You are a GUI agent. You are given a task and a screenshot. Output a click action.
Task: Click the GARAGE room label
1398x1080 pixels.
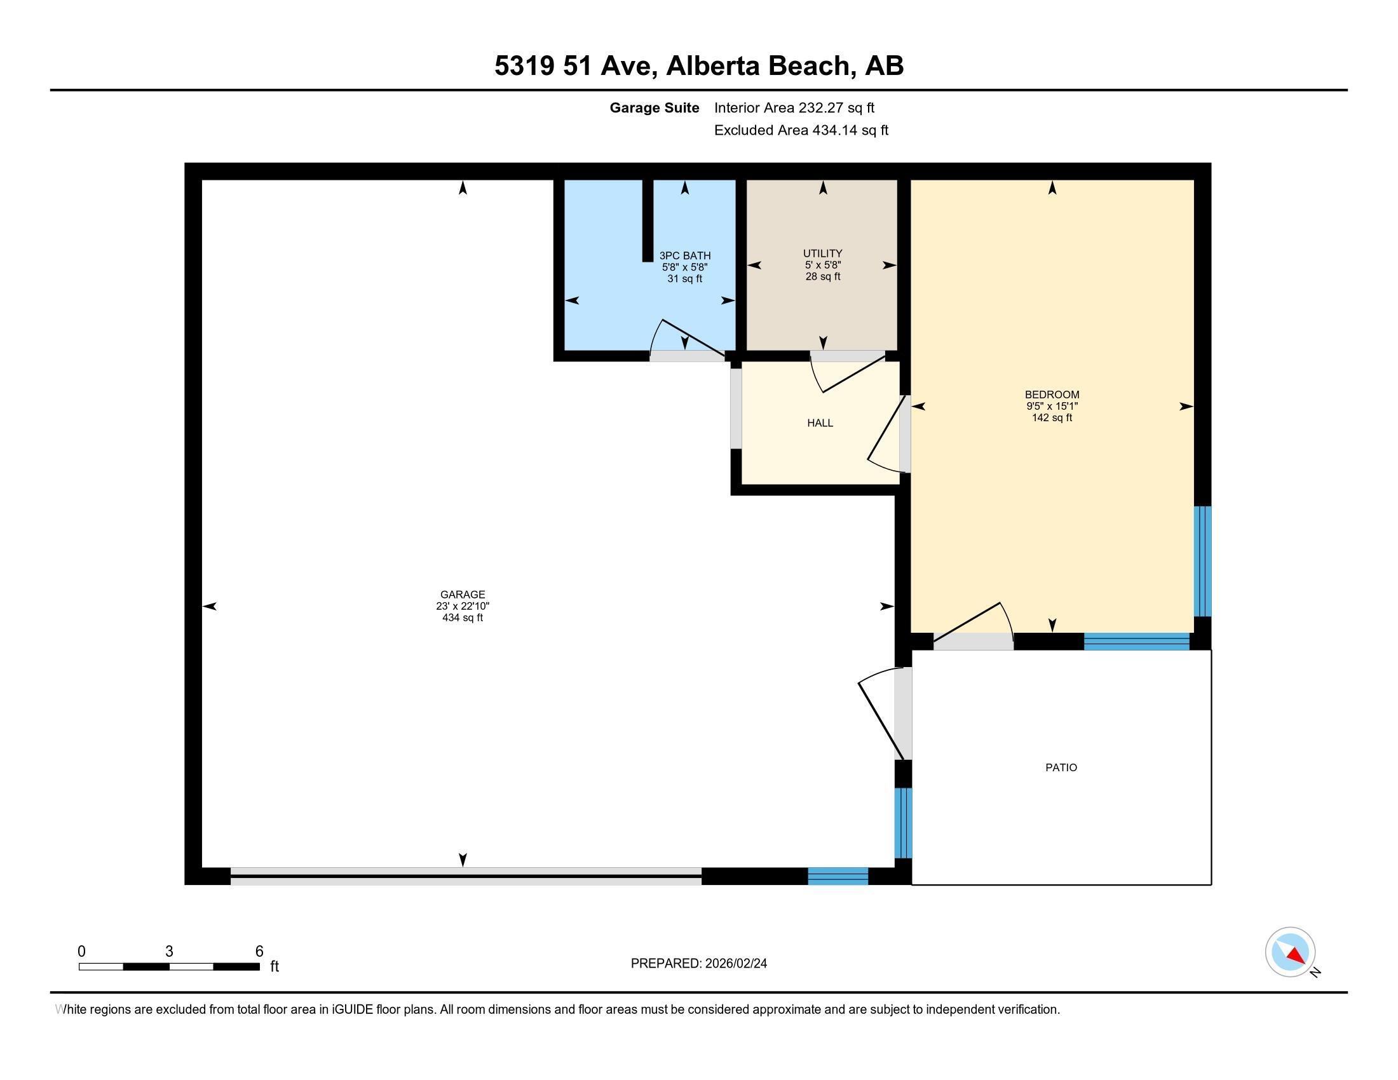(462, 595)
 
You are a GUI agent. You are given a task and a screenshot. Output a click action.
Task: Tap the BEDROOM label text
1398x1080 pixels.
(1052, 395)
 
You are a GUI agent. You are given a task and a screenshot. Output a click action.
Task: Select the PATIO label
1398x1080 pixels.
(1061, 767)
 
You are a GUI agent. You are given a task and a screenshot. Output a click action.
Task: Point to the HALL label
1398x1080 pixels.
(820, 423)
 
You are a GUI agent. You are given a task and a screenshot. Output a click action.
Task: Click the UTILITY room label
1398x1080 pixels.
(822, 253)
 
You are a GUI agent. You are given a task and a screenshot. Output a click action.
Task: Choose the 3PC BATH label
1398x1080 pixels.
(685, 255)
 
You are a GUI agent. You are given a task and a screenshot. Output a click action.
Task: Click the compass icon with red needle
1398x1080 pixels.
(1290, 952)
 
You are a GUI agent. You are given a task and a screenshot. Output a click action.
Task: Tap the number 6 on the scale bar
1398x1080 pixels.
(259, 952)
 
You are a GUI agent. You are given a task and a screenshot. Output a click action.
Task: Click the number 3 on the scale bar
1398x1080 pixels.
(169, 952)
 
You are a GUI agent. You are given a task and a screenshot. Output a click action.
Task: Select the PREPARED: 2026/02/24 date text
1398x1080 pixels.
(698, 964)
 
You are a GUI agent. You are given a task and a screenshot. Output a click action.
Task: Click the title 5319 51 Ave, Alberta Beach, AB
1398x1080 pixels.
(699, 66)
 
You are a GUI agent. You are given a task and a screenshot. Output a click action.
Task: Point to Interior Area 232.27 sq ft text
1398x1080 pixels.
(794, 108)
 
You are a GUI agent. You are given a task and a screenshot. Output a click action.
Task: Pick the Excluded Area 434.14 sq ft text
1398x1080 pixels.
(801, 130)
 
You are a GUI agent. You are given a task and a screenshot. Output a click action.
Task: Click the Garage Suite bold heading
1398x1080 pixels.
(654, 108)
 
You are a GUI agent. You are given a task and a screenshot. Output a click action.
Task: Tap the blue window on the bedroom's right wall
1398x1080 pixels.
(1203, 561)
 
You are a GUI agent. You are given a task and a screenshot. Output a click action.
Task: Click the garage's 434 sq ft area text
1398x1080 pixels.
(462, 618)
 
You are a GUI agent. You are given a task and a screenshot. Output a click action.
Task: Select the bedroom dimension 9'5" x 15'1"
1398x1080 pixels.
(1052, 407)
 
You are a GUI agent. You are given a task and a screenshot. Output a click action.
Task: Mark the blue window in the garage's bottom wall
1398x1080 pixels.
(838, 876)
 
